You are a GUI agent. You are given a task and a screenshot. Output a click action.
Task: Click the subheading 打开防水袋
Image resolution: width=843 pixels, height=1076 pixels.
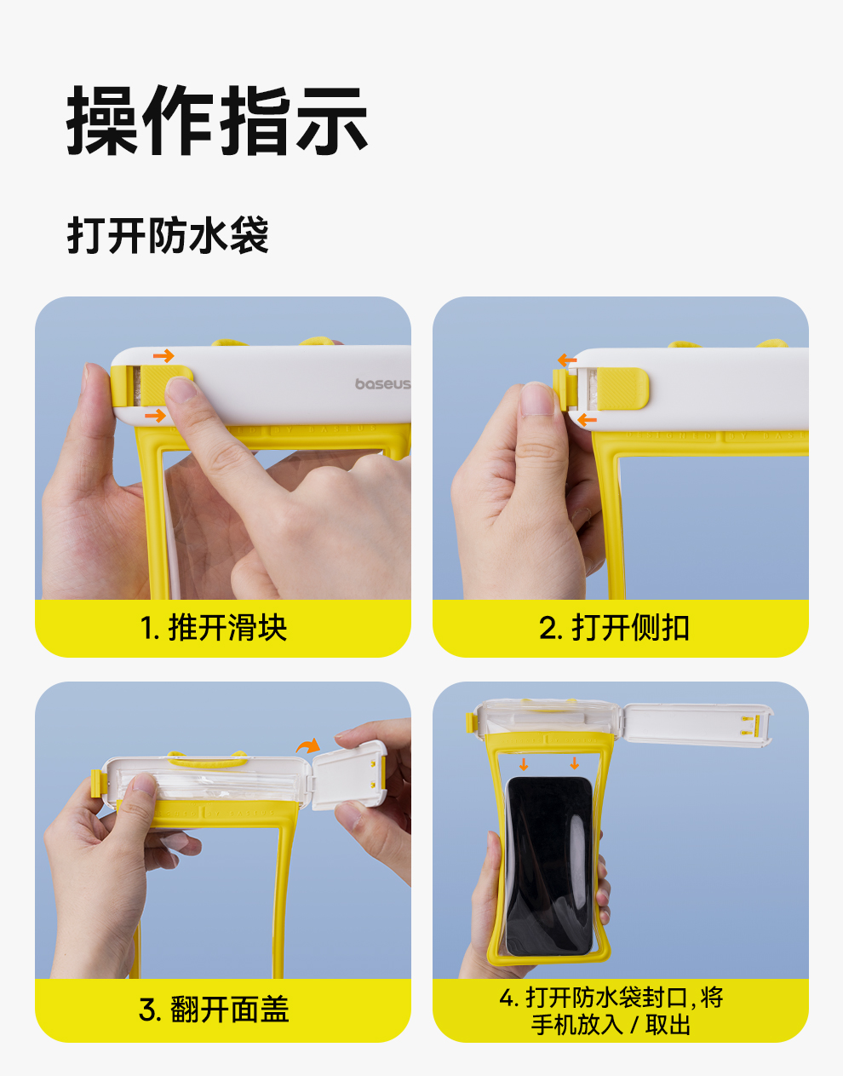tap(168, 235)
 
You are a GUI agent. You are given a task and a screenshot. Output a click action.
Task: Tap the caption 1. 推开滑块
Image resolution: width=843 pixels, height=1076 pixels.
tap(213, 628)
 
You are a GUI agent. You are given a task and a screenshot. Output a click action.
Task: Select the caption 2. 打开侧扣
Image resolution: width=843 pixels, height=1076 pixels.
tap(614, 628)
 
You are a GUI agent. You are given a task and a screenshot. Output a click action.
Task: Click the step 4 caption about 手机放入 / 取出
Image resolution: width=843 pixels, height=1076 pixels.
tap(611, 1010)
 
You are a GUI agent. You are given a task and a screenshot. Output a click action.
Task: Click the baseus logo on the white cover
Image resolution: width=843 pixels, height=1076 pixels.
tap(382, 383)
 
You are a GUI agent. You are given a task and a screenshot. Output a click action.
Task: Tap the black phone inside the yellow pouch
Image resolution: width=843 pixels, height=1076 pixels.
tap(548, 866)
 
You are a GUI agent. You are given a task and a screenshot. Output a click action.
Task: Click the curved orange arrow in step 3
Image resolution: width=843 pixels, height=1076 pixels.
tap(308, 745)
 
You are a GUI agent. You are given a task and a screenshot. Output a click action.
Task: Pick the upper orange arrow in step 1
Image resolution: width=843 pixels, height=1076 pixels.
tap(163, 355)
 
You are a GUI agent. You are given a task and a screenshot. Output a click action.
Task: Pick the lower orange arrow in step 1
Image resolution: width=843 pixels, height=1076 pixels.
tap(155, 415)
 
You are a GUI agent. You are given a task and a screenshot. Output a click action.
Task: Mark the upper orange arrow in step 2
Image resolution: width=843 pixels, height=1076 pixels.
tap(567, 360)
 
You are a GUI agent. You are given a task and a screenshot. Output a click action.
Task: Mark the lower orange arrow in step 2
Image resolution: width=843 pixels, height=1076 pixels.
tap(588, 420)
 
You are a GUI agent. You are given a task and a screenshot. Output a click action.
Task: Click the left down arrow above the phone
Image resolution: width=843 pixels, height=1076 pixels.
tap(524, 764)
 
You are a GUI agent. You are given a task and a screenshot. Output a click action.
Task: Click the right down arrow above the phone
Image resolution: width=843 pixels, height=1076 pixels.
tap(575, 763)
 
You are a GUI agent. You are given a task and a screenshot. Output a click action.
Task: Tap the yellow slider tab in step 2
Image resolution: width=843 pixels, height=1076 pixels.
tap(622, 388)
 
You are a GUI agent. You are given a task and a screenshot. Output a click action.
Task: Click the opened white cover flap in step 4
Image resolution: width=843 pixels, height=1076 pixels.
tap(698, 725)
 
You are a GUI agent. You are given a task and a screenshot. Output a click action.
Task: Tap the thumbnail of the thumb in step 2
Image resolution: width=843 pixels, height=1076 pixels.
tap(536, 399)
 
